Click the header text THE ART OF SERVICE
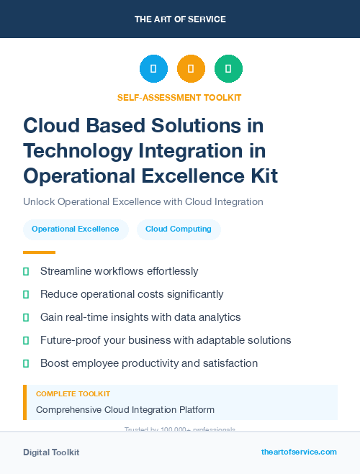[x=180, y=19]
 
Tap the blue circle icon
[x=153, y=69]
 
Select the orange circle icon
[x=191, y=69]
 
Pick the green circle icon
[x=228, y=69]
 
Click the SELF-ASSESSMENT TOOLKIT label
[x=179, y=97]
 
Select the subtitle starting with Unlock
[x=143, y=201]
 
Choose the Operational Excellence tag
[x=75, y=229]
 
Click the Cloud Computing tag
[x=179, y=229]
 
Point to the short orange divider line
[x=39, y=252]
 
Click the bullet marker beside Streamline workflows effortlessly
[x=26, y=271]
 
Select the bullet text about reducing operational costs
[x=132, y=294]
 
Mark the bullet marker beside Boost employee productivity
[x=26, y=363]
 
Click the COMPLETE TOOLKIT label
[x=73, y=394]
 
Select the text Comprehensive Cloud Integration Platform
[x=125, y=410]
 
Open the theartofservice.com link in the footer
[x=299, y=452]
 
